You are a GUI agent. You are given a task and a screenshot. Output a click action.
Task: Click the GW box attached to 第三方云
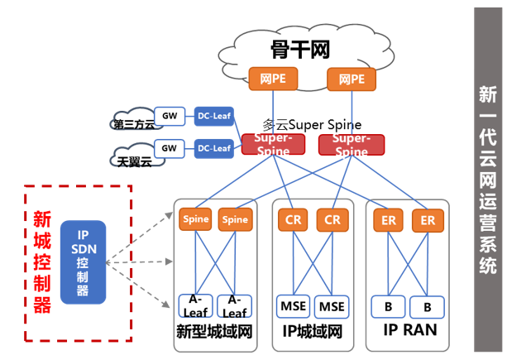(169, 116)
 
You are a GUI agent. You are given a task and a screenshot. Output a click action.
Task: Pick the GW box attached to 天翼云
(169, 149)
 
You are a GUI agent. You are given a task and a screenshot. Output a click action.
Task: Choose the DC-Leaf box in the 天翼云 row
(213, 149)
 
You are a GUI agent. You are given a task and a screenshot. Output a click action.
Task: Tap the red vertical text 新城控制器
(41, 261)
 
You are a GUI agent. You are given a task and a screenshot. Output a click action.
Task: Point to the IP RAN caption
(410, 331)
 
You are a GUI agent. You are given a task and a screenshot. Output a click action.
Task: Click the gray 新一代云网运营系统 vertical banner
(487, 178)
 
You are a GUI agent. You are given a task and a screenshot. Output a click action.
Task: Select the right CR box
(332, 220)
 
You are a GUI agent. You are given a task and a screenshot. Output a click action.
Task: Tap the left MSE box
(294, 306)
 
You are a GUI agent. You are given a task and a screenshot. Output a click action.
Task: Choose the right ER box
(428, 220)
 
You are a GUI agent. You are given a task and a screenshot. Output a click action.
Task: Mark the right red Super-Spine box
(351, 145)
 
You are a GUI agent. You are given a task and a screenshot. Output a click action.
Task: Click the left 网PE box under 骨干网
(271, 79)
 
